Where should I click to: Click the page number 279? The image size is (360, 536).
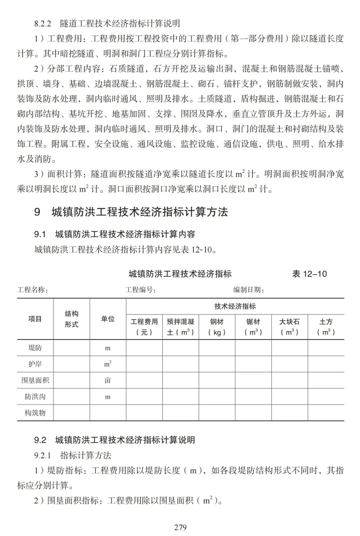pyautogui.click(x=180, y=527)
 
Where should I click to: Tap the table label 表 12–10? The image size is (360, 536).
pyautogui.click(x=309, y=274)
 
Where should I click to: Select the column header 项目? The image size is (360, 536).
pyautogui.click(x=35, y=319)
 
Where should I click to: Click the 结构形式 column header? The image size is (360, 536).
pyautogui.click(x=71, y=319)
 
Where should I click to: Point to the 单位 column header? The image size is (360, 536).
pyautogui.click(x=108, y=319)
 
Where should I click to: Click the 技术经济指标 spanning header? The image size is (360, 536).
pyautogui.click(x=235, y=306)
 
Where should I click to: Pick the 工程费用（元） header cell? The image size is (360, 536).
pyautogui.click(x=144, y=327)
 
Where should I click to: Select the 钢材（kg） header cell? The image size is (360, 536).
pyautogui.click(x=217, y=327)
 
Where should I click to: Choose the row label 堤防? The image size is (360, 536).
pyautogui.click(x=35, y=348)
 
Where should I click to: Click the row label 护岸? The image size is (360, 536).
pyautogui.click(x=35, y=364)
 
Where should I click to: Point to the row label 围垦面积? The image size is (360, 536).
pyautogui.click(x=35, y=380)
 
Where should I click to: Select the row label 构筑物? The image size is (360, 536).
pyautogui.click(x=35, y=413)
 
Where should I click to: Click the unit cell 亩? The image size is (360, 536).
pyautogui.click(x=108, y=380)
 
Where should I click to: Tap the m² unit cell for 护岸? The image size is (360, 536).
pyautogui.click(x=108, y=364)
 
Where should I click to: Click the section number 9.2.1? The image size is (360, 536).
pyautogui.click(x=43, y=455)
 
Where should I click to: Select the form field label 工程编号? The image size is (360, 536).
pyautogui.click(x=140, y=290)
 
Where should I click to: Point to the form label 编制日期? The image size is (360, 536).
pyautogui.click(x=249, y=290)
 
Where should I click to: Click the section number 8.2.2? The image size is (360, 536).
pyautogui.click(x=43, y=24)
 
